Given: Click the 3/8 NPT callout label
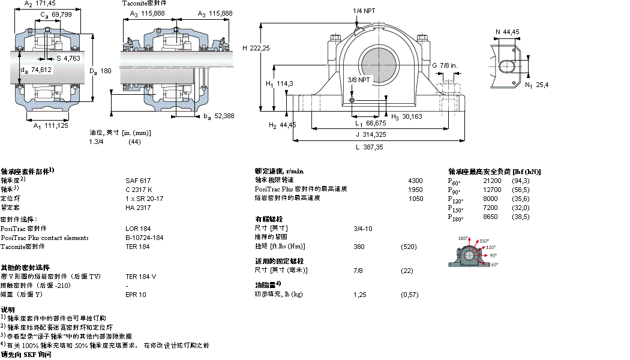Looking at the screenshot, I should click(x=359, y=79).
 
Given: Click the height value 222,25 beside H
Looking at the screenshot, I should click(x=260, y=48).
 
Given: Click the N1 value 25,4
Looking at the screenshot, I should click(x=542, y=85).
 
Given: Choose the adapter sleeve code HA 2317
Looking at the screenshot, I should click(x=138, y=208).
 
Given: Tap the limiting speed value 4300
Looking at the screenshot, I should click(x=415, y=181).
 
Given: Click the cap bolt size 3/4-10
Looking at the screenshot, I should click(x=363, y=228).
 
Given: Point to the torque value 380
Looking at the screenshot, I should click(x=359, y=247).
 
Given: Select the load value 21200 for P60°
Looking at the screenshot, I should click(x=492, y=181).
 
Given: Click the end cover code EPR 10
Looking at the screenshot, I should click(x=136, y=295).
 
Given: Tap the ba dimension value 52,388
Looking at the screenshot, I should click(x=222, y=116).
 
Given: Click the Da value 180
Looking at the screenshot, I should click(x=106, y=71).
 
